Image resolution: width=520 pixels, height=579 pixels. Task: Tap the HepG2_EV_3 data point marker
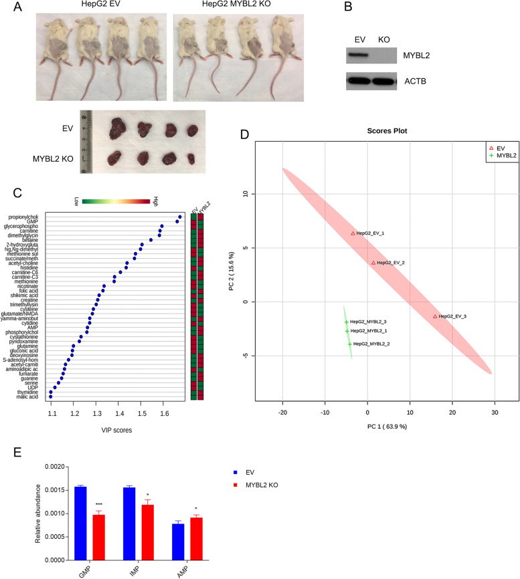(435, 316)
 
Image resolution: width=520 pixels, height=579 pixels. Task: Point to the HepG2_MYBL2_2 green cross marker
(349, 344)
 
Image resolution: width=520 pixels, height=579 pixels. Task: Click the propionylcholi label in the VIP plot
(29, 217)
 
